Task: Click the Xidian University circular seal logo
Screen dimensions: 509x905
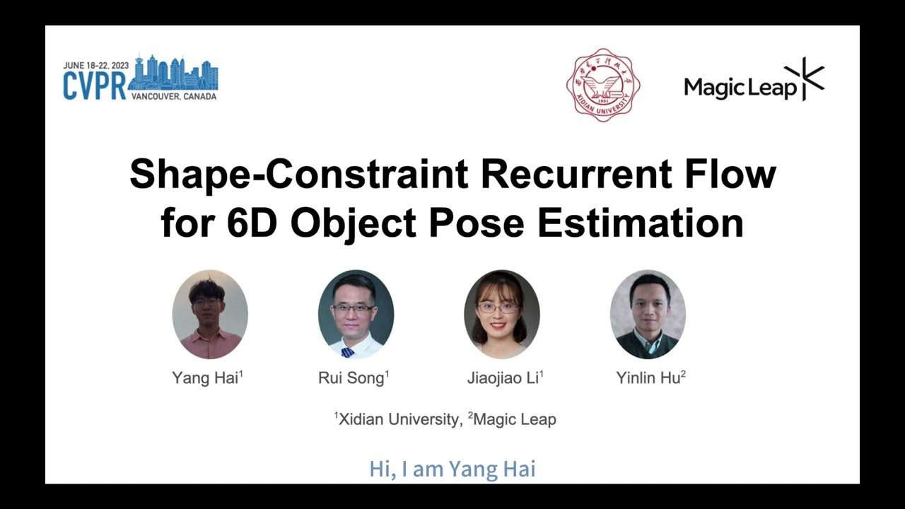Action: click(603, 85)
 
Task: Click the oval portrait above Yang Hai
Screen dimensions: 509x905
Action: click(210, 315)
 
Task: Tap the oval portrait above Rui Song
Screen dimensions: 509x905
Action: click(356, 315)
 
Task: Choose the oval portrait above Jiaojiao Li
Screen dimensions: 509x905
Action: click(502, 315)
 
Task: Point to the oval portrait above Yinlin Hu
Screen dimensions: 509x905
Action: click(648, 315)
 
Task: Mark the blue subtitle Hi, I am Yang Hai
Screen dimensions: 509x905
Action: click(452, 469)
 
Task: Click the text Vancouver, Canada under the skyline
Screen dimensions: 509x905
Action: click(174, 96)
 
